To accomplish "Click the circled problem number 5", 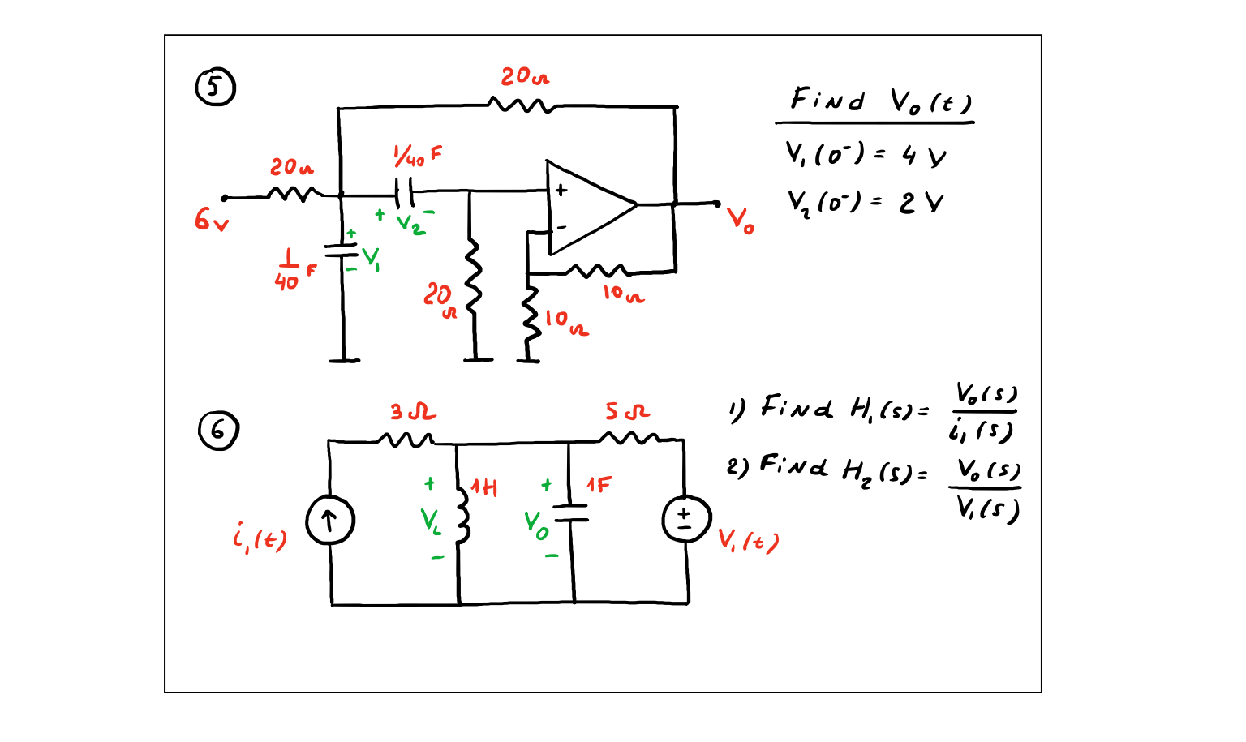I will (215, 88).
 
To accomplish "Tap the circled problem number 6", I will (218, 431).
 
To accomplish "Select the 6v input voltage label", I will (211, 219).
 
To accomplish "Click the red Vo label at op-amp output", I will (740, 220).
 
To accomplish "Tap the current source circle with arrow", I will (329, 521).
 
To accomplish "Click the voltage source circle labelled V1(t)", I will (686, 520).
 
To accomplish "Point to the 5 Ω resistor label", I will (627, 412).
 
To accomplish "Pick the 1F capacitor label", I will (599, 486).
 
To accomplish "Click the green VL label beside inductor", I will (431, 521).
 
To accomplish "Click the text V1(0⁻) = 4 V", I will (865, 154).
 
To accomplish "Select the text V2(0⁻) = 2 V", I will (865, 201).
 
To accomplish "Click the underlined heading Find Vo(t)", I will (879, 101).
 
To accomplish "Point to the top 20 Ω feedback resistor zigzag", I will (522, 105).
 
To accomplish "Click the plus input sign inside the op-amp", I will (561, 191).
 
